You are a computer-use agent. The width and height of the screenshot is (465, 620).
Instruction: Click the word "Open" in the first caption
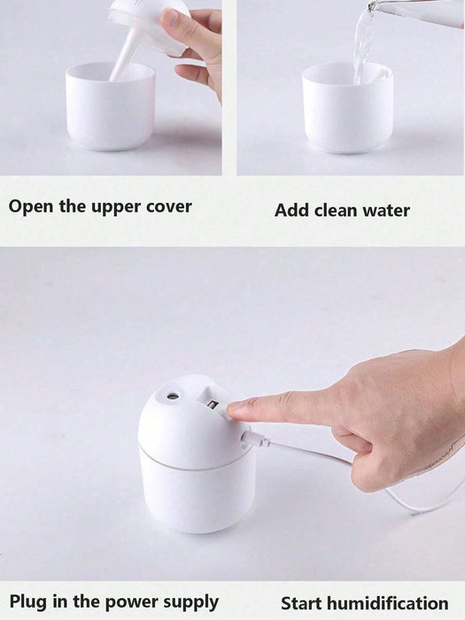pyautogui.click(x=31, y=206)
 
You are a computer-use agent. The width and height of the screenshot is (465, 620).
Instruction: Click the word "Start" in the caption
pyautogui.click(x=302, y=604)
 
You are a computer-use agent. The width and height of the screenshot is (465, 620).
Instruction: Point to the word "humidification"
pyautogui.click(x=388, y=604)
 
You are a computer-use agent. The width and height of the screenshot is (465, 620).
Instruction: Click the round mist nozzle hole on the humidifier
pyautogui.click(x=173, y=395)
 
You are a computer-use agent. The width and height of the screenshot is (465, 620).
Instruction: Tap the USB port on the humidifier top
pyautogui.click(x=213, y=405)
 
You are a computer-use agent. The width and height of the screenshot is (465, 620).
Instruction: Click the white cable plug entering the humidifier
pyautogui.click(x=253, y=439)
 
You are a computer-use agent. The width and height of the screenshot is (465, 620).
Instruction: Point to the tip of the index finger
pyautogui.click(x=230, y=408)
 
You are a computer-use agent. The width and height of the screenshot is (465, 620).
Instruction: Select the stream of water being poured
pyautogui.click(x=364, y=43)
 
